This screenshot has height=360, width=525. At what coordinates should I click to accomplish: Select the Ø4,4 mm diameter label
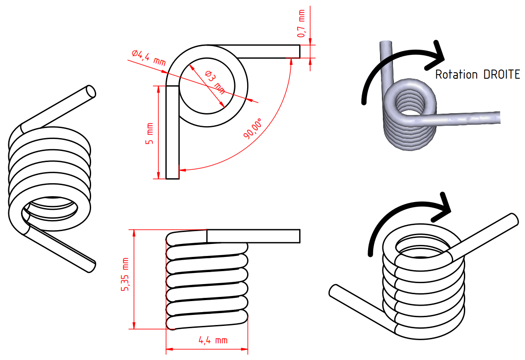[x=148, y=58]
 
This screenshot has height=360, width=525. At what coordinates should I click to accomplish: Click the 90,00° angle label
[x=254, y=129]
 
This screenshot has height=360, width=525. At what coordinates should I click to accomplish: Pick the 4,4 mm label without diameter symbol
[x=213, y=341]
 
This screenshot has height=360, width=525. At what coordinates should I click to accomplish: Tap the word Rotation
[x=457, y=75]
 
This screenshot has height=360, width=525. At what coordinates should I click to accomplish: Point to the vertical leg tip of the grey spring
[x=386, y=44]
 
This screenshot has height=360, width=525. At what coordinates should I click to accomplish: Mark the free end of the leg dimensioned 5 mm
[x=172, y=177]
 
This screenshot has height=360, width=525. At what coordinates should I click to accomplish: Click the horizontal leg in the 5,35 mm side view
[x=253, y=236]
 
